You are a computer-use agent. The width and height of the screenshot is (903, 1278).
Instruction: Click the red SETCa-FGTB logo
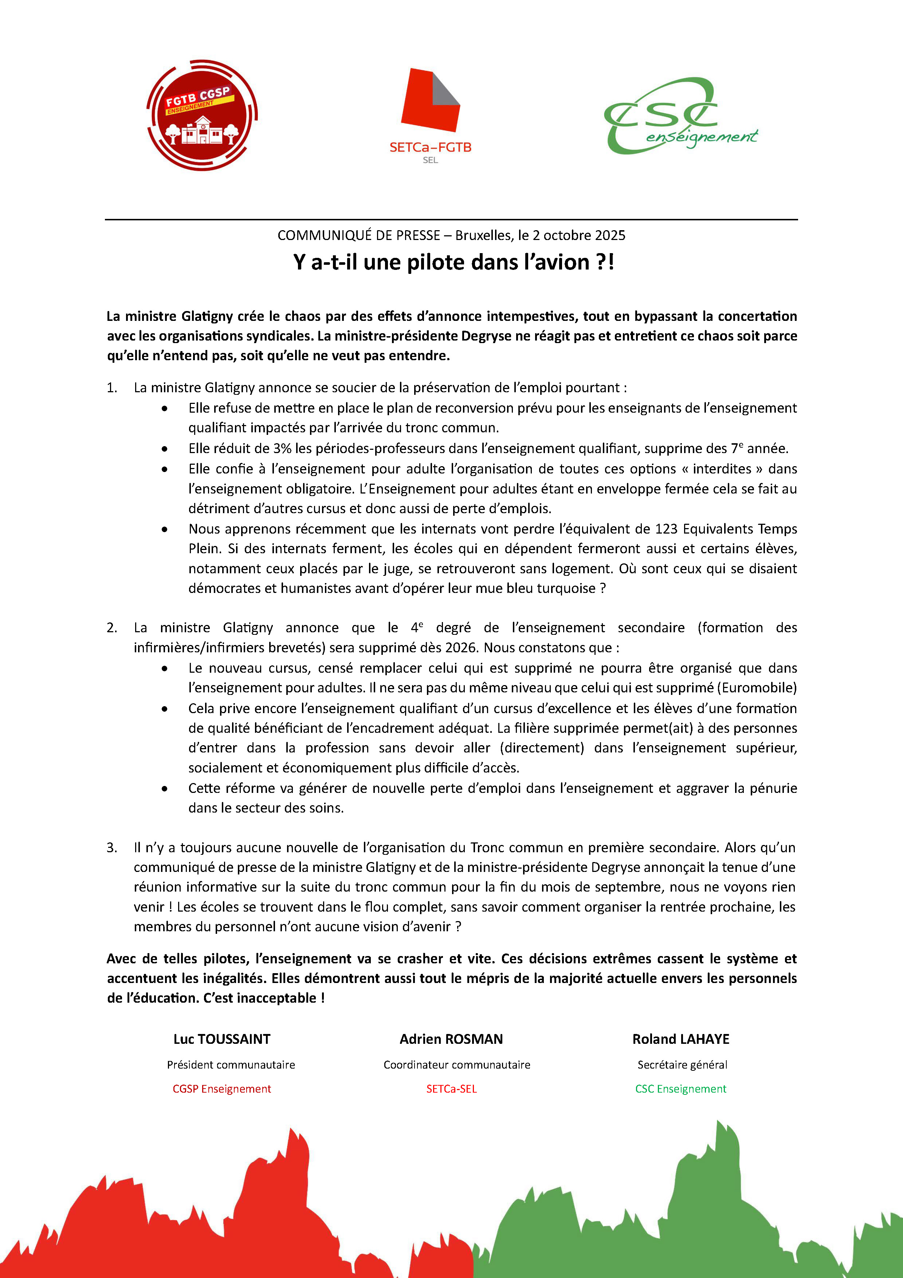click(x=430, y=111)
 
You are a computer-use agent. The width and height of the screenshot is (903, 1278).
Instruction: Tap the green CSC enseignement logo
click(x=680, y=116)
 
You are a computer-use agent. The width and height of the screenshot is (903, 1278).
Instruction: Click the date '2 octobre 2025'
click(x=578, y=235)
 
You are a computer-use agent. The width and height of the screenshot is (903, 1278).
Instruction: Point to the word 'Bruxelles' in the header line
click(x=482, y=235)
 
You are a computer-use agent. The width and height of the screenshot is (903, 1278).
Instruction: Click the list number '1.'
click(x=112, y=388)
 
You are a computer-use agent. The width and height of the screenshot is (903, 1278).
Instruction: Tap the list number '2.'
click(x=112, y=628)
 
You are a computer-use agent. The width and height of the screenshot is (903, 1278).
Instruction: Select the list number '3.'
click(x=112, y=848)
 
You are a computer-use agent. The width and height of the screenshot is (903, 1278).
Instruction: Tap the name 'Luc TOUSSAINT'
click(x=221, y=1039)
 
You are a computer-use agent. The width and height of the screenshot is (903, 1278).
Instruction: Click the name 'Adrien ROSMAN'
click(x=451, y=1039)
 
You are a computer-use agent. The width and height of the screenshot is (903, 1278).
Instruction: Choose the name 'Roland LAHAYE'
click(x=680, y=1039)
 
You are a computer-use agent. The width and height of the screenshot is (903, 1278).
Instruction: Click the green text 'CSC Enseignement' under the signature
click(x=680, y=1089)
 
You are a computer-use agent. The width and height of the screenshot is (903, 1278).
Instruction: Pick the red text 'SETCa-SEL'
click(x=451, y=1089)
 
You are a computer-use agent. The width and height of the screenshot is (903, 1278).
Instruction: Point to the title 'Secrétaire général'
click(x=682, y=1065)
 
